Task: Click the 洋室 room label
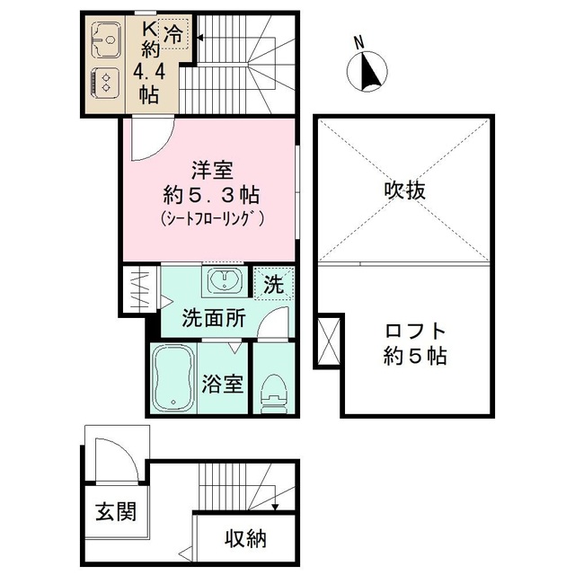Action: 210,169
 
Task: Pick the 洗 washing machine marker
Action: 274,285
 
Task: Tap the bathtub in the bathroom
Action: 177,376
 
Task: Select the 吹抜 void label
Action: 403,190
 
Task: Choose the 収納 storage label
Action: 245,539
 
